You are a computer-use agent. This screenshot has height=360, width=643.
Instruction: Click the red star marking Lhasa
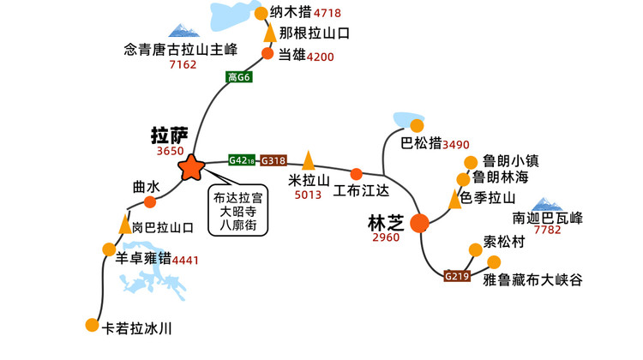(x=191, y=167)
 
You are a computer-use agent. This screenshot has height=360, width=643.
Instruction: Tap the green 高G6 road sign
(x=238, y=76)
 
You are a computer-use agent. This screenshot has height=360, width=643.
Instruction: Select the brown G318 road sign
(x=273, y=160)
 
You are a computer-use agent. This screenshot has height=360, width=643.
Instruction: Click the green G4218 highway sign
(x=242, y=160)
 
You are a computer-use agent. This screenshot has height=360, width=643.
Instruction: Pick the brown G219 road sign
(x=457, y=276)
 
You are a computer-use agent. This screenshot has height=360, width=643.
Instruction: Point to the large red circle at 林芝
(x=419, y=223)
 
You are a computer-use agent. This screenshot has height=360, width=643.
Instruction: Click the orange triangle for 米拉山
(x=308, y=160)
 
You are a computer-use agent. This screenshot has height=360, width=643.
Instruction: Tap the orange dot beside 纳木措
(x=261, y=13)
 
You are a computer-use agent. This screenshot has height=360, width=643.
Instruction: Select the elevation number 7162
(x=183, y=64)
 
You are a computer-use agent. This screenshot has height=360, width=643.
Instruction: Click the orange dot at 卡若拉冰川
(x=93, y=325)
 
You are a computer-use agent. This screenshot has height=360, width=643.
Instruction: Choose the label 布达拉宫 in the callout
(x=237, y=198)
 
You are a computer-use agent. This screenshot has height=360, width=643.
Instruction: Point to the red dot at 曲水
(x=150, y=201)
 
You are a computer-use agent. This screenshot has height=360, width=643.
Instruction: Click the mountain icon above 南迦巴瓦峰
(x=546, y=205)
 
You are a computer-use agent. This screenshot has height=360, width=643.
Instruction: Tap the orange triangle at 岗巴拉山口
(x=124, y=224)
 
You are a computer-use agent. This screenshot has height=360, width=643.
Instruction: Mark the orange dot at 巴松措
(x=417, y=125)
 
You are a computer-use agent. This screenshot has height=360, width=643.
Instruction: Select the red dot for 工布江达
(x=357, y=174)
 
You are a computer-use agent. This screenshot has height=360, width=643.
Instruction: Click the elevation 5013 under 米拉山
(x=308, y=195)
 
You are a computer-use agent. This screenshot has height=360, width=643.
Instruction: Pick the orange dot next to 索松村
(x=475, y=249)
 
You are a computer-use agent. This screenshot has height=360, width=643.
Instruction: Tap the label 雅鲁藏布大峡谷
(x=532, y=280)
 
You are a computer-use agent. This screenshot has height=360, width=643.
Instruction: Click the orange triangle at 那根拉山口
(x=270, y=33)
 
